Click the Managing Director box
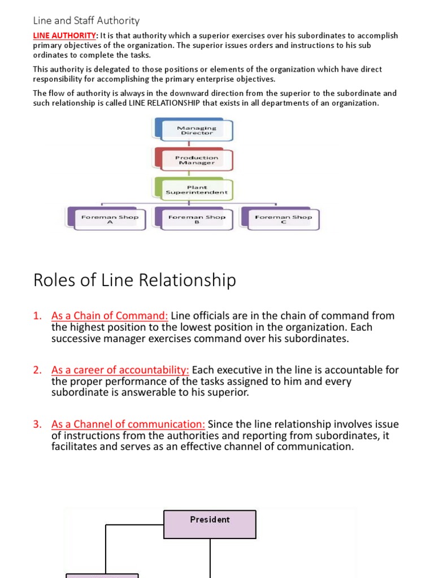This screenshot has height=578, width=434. [x=196, y=130]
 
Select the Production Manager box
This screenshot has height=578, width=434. [x=196, y=160]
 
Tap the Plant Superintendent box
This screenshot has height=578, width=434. [x=197, y=190]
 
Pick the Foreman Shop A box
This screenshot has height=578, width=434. [x=110, y=219]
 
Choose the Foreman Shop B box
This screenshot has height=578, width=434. [x=197, y=219]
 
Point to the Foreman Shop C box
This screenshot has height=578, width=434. [x=283, y=219]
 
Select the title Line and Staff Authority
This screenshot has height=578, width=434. [x=86, y=21]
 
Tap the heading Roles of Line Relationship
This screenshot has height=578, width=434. [x=134, y=281]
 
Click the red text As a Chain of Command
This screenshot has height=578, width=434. [x=110, y=316]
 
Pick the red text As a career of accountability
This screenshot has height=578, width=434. [x=120, y=370]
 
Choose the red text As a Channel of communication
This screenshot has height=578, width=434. [x=128, y=424]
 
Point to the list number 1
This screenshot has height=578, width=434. [x=37, y=316]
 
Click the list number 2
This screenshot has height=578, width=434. [x=37, y=370]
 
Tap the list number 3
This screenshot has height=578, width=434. [x=37, y=424]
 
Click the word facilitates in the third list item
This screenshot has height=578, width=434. [x=75, y=446]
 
